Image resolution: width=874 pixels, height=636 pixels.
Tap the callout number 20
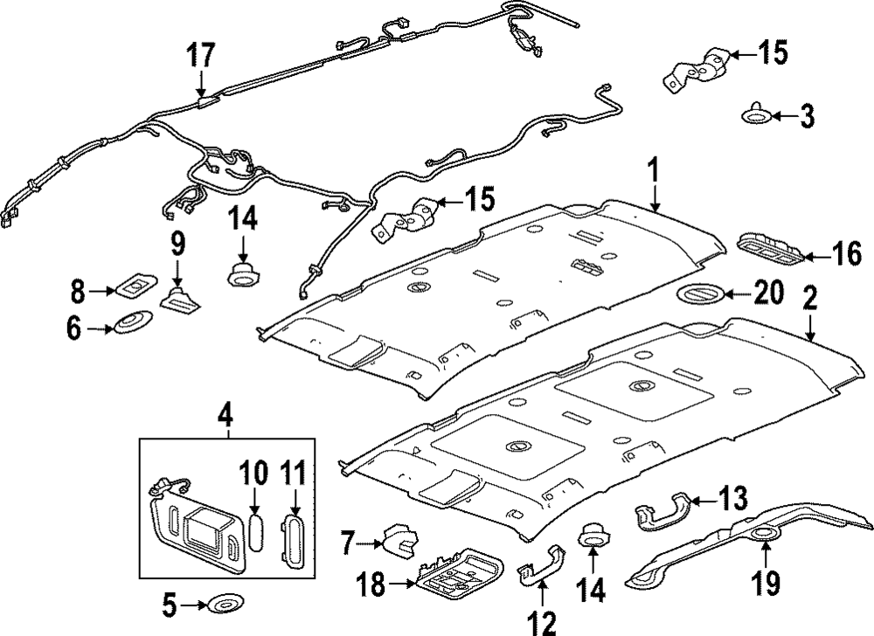click(768, 293)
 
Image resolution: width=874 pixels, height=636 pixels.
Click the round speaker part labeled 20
click(701, 294)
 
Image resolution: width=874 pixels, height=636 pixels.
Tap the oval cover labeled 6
click(133, 322)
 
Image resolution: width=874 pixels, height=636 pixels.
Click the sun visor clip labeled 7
click(399, 540)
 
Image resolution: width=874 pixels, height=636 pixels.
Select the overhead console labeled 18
click(458, 580)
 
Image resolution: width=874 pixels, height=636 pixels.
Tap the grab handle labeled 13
click(663, 511)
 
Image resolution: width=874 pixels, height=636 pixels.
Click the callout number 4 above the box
click(225, 416)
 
